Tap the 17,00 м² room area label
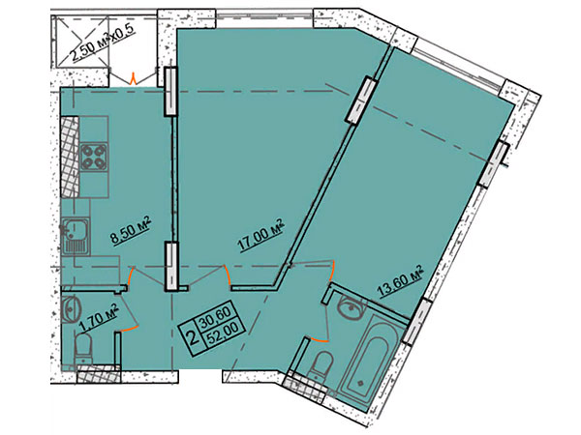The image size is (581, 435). click(x=262, y=236)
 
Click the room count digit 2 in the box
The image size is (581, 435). click(x=193, y=337)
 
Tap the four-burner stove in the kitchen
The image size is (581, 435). click(x=93, y=157)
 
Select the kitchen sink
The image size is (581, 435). click(x=76, y=237)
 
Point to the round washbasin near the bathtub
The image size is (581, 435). click(x=351, y=307)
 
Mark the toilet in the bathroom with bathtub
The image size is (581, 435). click(x=321, y=365)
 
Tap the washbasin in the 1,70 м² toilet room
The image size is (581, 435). click(x=72, y=306)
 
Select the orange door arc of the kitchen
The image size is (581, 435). click(x=130, y=278)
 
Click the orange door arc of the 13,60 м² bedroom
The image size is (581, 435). click(x=332, y=272)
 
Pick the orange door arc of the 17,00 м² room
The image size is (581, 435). click(x=228, y=275)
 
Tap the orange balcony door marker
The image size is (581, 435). click(x=133, y=79)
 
